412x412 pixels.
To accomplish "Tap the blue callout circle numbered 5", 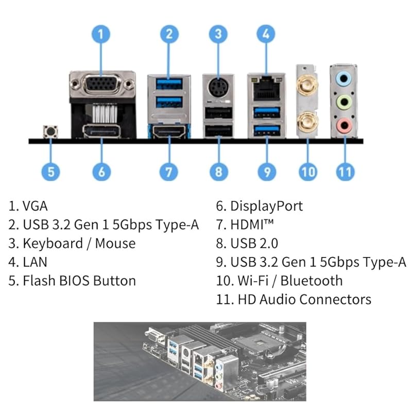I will point(50,170).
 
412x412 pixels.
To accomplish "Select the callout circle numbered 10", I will point(308,170).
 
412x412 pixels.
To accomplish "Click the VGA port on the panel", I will point(102,84).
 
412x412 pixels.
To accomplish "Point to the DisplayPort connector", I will point(101,132).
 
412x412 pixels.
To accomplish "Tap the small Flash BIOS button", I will point(50,132).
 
